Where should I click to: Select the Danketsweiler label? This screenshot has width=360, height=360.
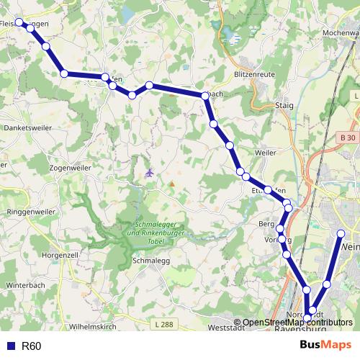point(27,127)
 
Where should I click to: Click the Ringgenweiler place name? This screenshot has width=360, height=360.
point(30,212)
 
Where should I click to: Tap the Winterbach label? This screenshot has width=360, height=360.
point(25,285)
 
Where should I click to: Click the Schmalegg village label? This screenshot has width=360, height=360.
point(150,261)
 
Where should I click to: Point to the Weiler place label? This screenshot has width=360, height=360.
point(265,153)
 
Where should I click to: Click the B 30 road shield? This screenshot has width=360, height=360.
point(348,137)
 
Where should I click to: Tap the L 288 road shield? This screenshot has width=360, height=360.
point(163,325)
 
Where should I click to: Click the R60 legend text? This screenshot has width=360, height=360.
point(32,346)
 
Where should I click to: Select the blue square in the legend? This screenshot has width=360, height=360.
point(10,346)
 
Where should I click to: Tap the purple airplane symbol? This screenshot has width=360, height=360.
point(149,173)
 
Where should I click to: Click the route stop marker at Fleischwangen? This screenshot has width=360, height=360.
point(19,22)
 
